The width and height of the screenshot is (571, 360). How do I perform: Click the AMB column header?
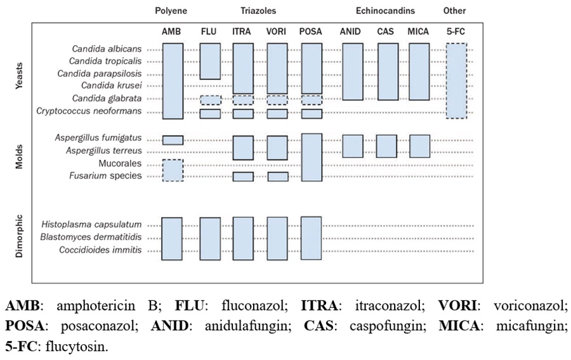click(171, 32)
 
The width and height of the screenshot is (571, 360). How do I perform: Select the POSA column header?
click(311, 32)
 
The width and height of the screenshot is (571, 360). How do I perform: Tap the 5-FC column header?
click(456, 32)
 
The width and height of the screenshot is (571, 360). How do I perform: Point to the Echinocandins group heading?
click(385, 11)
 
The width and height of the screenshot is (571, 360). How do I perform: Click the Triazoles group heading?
click(258, 11)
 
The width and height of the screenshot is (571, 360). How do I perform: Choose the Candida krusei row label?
click(112, 86)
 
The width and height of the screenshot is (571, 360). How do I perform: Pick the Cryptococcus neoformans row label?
click(89, 110)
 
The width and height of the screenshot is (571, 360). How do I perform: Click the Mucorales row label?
click(120, 163)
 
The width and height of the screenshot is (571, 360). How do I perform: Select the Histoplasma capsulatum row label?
click(91, 225)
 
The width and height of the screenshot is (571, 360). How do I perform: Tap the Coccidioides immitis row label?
click(100, 250)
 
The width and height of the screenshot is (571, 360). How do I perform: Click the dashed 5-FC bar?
click(456, 81)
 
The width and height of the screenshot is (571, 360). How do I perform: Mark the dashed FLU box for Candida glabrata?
click(211, 100)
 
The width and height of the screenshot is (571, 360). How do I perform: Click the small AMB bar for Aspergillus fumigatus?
click(173, 140)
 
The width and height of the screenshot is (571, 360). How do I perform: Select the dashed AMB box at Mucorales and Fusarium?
click(173, 170)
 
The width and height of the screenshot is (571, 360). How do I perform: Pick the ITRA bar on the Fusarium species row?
click(243, 177)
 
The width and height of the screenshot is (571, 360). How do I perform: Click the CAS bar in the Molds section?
click(386, 146)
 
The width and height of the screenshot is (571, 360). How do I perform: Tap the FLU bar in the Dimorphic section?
click(210, 239)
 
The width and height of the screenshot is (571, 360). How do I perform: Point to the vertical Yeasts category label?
click(19, 76)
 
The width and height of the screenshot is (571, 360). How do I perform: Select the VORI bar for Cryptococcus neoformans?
click(277, 114)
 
